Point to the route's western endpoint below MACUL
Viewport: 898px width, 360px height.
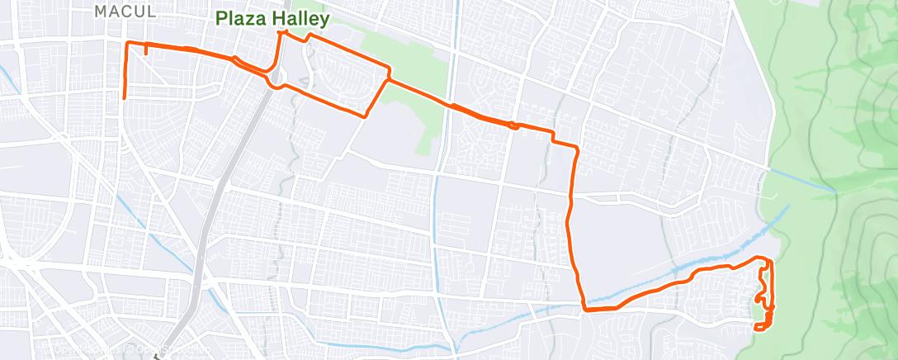(x=125, y=97)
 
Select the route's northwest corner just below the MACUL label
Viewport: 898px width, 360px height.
(x=125, y=42)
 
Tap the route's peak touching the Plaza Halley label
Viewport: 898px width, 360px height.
(x=283, y=32)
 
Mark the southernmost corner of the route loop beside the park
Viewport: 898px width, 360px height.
(x=364, y=116)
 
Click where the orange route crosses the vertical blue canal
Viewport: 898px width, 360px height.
(x=451, y=105)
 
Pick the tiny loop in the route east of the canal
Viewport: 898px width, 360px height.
(x=513, y=125)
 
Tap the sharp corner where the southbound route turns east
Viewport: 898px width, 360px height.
(x=584, y=310)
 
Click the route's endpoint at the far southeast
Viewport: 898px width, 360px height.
(x=756, y=329)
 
